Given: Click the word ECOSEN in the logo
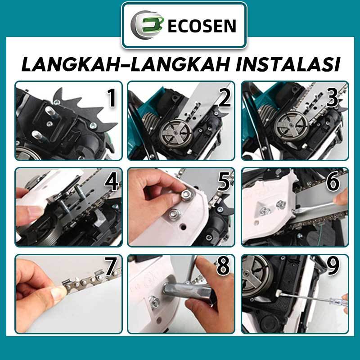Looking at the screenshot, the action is coord(202,26).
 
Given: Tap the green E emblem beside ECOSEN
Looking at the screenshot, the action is coord(148,25).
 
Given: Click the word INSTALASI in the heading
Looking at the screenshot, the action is coord(288,64).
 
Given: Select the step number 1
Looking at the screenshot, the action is coord(112,98).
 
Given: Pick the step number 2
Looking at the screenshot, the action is coord(225,98).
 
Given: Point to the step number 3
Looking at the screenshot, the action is coord(332,98).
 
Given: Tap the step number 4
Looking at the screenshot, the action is coord(112,182).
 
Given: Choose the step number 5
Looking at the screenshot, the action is coord(224,182).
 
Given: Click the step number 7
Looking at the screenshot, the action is coord(111,266).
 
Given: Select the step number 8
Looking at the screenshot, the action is coord(223,266).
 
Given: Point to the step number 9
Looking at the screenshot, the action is coord(333,266).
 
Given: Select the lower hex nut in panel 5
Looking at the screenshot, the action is coord(175,215).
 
